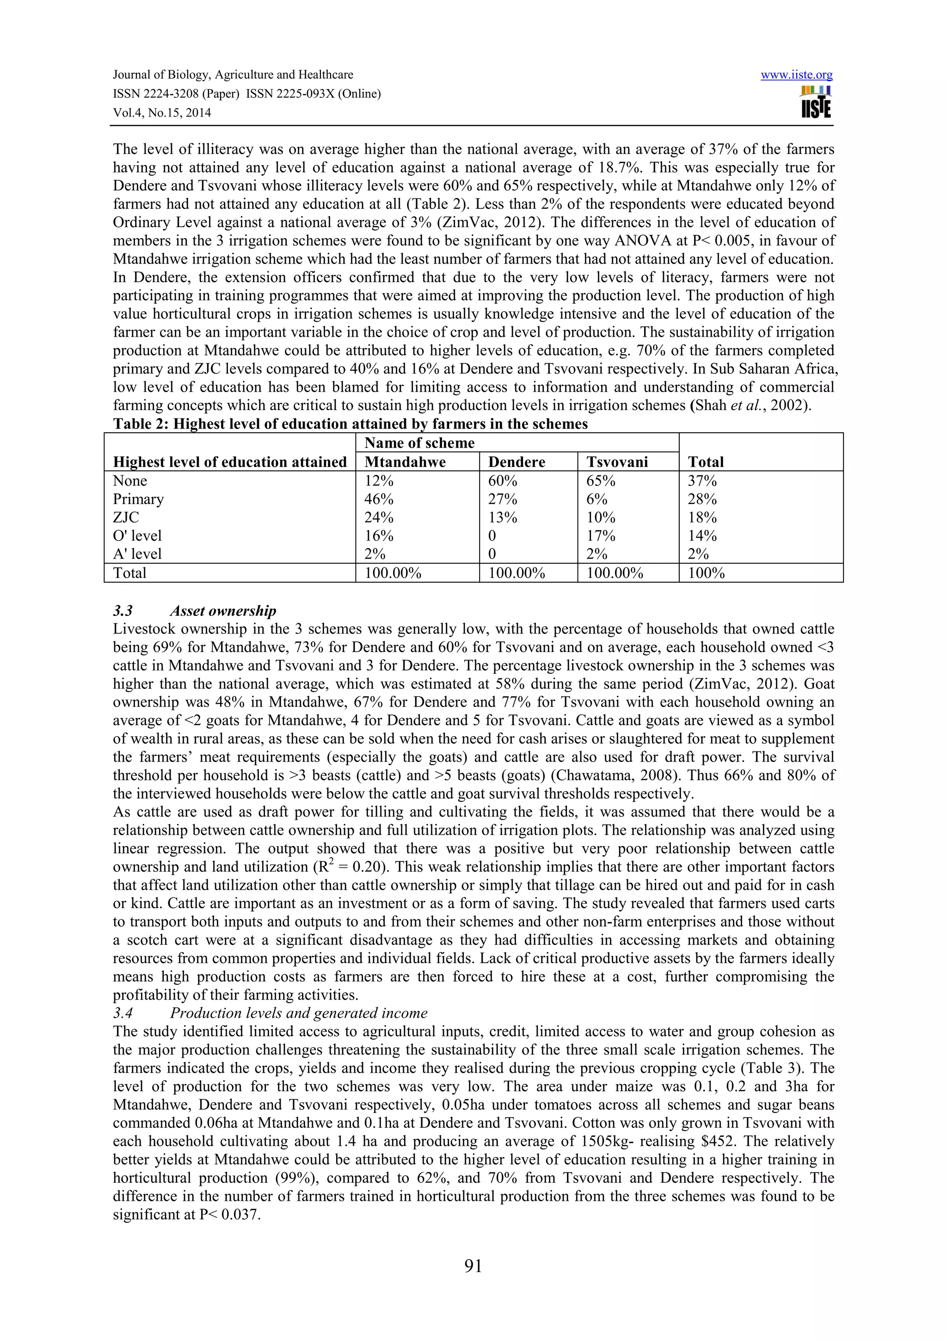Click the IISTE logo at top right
[816, 102]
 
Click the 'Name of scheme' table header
[419, 443]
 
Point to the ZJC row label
[126, 517]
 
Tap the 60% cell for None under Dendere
[502, 480]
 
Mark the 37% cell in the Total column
[702, 480]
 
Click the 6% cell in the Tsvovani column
[597, 499]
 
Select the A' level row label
[137, 553]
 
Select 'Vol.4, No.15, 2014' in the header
[162, 113]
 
